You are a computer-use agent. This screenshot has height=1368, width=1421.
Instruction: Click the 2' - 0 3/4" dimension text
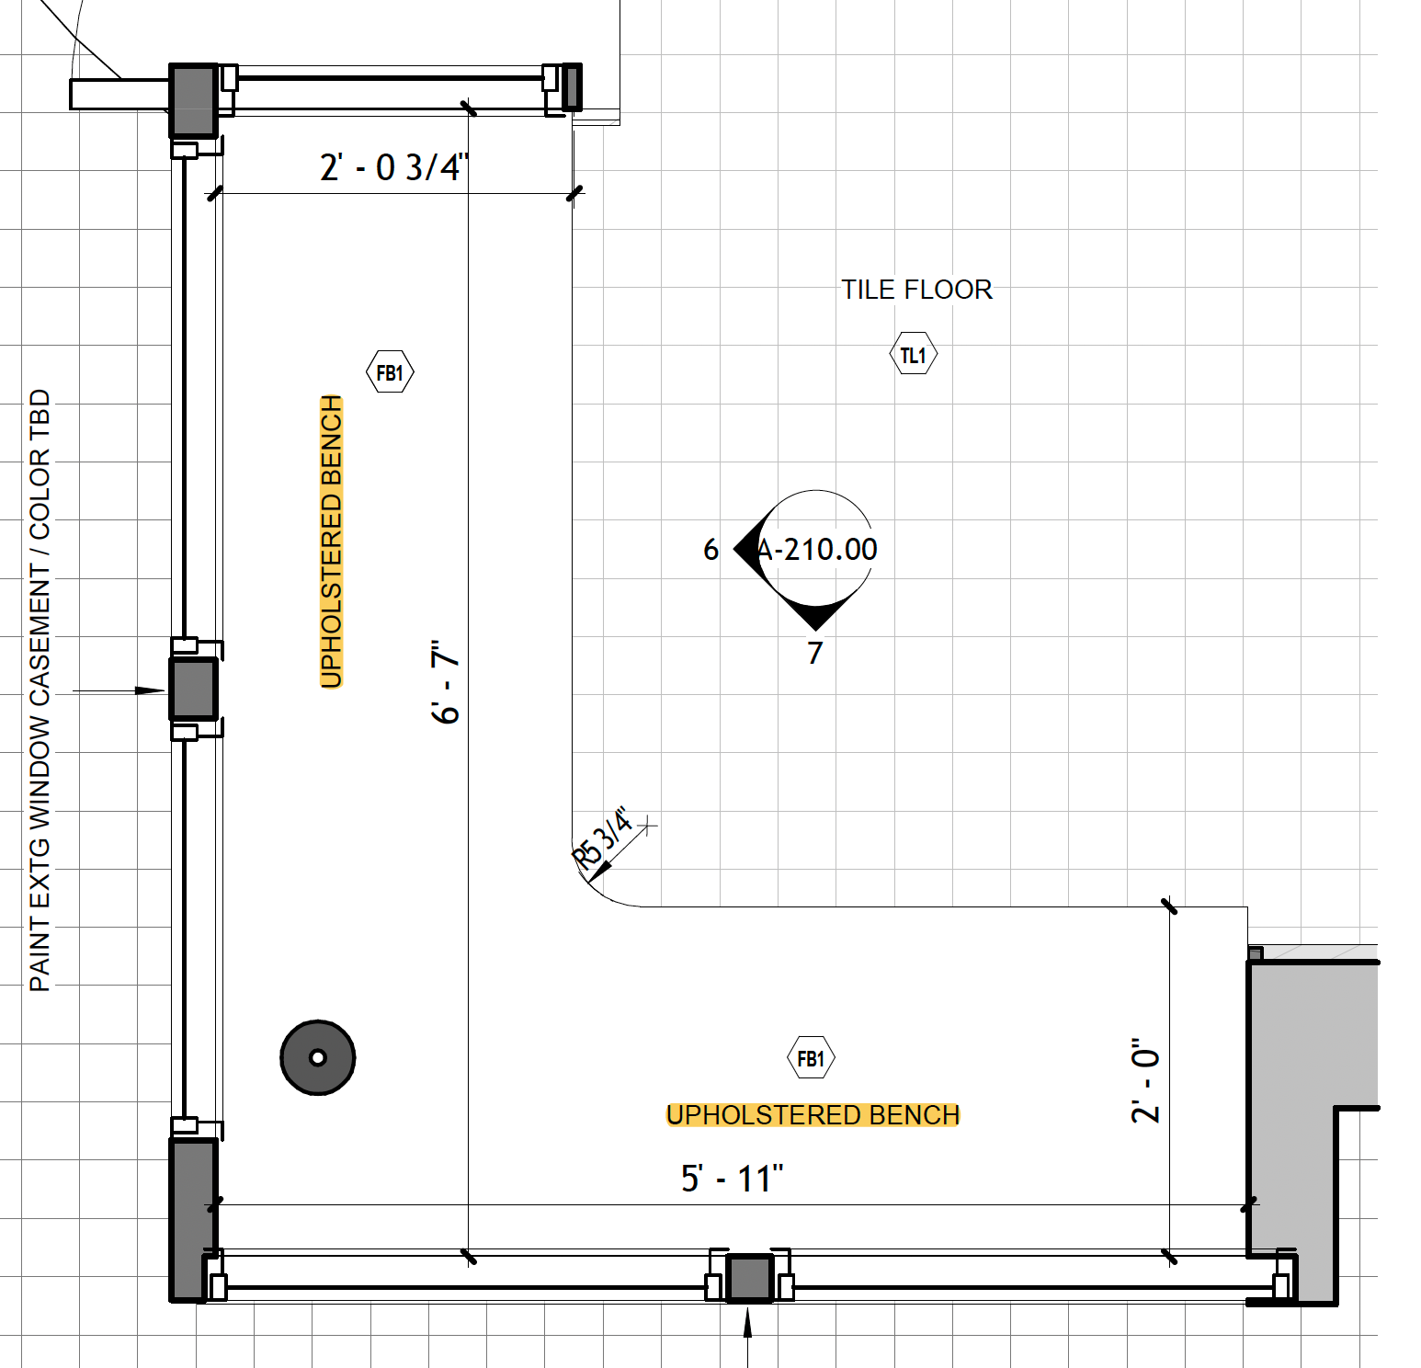(394, 167)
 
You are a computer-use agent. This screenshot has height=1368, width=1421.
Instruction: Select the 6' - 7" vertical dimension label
(446, 682)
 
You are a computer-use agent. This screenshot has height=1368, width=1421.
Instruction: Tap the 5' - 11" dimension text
(732, 1179)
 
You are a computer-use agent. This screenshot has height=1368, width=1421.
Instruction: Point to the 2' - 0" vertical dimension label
(1145, 1081)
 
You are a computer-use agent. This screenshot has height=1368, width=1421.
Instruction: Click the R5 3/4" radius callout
(604, 838)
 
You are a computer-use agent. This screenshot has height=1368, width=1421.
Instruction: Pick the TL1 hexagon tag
(914, 355)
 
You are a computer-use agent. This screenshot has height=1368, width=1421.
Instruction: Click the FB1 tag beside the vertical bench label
(390, 372)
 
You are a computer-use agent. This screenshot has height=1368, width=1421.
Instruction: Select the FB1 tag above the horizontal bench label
(811, 1058)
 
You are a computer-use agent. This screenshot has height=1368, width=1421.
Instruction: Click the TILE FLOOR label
(916, 290)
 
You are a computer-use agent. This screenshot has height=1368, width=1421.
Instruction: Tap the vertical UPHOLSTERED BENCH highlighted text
(331, 541)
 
